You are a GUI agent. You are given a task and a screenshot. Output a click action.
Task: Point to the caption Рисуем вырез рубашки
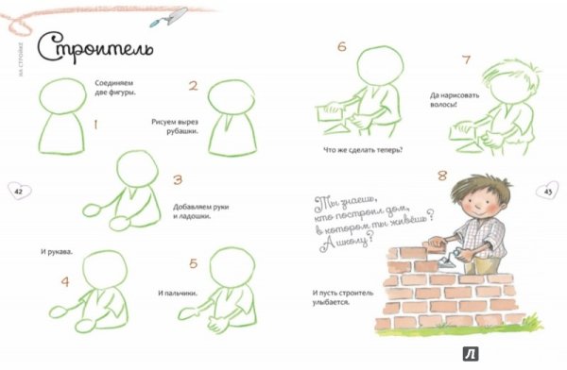click(x=170, y=126)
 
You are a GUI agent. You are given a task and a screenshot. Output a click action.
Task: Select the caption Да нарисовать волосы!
click(x=442, y=99)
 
